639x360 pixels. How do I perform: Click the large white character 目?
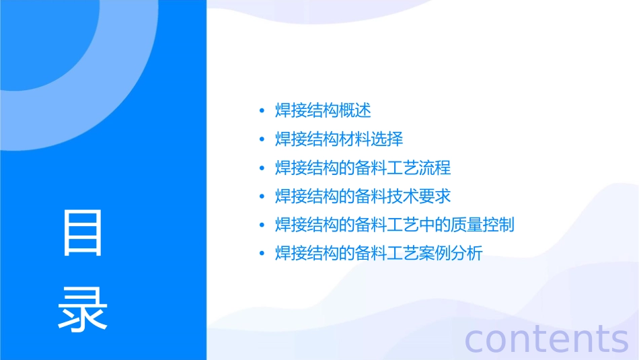point(83,233)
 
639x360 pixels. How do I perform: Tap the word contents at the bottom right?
point(547,338)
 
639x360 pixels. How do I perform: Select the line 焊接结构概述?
point(323,110)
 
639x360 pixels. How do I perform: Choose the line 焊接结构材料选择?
point(339,139)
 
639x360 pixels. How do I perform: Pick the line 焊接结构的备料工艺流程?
point(363,168)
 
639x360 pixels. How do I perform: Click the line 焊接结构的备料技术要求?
point(363,196)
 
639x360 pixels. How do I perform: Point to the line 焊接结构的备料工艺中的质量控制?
point(395,225)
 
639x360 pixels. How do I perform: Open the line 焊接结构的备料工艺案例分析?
point(379,254)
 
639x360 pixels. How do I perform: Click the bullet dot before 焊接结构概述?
point(262,111)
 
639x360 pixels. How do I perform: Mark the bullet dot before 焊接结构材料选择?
point(262,139)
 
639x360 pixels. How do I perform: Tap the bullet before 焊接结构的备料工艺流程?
point(262,168)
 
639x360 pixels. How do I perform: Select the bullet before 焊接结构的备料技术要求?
point(262,196)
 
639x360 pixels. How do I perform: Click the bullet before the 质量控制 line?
point(262,225)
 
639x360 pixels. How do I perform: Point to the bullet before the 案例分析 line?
point(262,254)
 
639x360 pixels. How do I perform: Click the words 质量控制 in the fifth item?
point(482,225)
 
